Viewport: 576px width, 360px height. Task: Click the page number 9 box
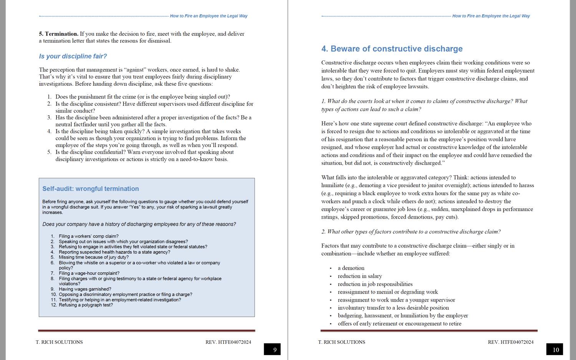pos(272,349)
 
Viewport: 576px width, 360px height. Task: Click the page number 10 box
pos(554,349)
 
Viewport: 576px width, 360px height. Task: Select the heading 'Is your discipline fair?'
pos(73,56)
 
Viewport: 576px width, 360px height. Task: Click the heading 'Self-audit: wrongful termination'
pos(91,189)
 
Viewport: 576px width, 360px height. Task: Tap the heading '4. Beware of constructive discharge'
pos(392,49)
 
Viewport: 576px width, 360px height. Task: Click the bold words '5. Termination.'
pos(58,34)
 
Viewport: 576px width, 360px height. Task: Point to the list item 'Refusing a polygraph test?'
pos(86,305)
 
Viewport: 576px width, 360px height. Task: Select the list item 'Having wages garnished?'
pos(85,289)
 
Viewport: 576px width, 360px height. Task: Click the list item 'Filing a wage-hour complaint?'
pos(89,273)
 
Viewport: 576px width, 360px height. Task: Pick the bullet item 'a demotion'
pos(351,268)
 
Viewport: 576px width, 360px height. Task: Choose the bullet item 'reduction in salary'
pos(360,276)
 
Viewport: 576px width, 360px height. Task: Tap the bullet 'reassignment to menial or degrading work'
pos(387,292)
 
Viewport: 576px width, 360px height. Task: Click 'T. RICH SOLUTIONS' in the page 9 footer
pos(59,342)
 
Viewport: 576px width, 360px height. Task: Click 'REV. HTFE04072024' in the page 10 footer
pos(510,342)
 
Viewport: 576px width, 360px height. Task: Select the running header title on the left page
pos(209,16)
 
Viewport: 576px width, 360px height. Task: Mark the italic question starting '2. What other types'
pos(411,232)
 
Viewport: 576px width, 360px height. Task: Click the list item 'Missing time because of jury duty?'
pos(94,257)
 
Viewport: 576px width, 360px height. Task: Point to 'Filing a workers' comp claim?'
pos(89,236)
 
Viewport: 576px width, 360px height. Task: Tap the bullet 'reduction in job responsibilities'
pos(375,284)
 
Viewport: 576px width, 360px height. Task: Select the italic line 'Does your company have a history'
pos(139,224)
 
